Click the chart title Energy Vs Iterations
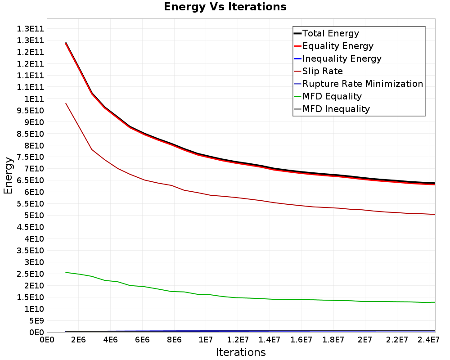coord(225,7)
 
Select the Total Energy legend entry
coord(326,33)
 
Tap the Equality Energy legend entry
coord(334,46)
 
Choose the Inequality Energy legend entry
coord(338,58)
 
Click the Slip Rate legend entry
coord(319,71)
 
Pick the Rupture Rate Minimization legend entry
coord(359,84)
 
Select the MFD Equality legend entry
coord(328,96)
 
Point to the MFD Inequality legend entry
coord(332,109)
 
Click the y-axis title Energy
coord(8,175)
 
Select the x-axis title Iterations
coord(241,352)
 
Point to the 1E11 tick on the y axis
coord(34,99)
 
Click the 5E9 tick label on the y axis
coord(36,321)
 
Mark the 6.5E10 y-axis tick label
coord(30,180)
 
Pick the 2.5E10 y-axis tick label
coord(30,274)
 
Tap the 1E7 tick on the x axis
coord(206,340)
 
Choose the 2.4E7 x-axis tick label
coord(428,340)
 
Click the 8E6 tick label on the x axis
coord(174,340)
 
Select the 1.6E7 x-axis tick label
coord(301,340)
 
